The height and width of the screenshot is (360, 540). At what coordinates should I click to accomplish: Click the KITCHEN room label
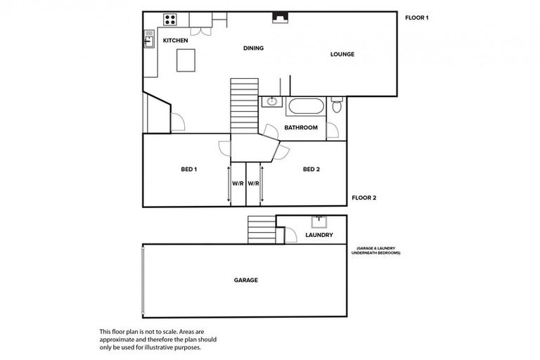tap(175, 41)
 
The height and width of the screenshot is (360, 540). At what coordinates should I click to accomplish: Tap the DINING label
tap(253, 49)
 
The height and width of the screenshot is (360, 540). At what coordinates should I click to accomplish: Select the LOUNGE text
tap(342, 54)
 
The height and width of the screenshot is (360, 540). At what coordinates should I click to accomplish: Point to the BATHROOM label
tap(301, 128)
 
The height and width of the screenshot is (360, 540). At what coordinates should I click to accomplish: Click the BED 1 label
tap(188, 169)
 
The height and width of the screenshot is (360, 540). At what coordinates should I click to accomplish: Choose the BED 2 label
tap(311, 169)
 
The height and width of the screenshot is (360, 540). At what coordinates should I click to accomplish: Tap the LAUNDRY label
tap(319, 235)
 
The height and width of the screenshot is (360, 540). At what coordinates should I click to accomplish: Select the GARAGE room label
tap(246, 280)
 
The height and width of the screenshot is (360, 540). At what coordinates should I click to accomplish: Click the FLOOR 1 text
tap(417, 18)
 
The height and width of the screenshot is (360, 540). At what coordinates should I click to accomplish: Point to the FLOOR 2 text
tap(364, 198)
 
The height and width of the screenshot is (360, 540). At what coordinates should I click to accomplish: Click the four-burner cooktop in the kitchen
tap(169, 19)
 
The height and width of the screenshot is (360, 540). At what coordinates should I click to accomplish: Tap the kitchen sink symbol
tap(150, 40)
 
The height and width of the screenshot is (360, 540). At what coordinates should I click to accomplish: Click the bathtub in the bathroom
tap(307, 108)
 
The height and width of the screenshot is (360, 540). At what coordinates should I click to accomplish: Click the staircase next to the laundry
tap(260, 229)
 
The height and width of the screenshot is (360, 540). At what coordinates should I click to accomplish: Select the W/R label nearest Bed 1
tap(237, 184)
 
